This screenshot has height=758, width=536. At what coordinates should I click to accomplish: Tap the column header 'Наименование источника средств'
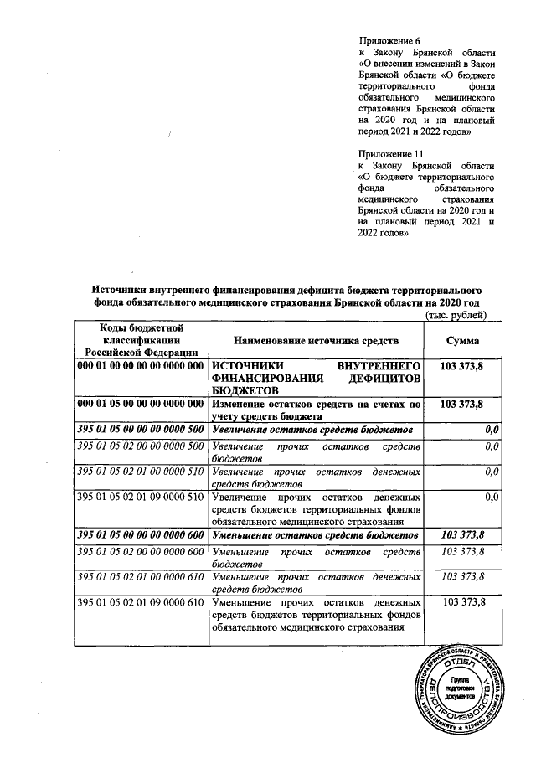[316, 342]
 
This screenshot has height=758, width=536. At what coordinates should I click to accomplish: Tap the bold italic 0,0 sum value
[492, 430]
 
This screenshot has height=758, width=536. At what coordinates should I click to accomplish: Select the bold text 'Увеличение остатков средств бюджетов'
[314, 430]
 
